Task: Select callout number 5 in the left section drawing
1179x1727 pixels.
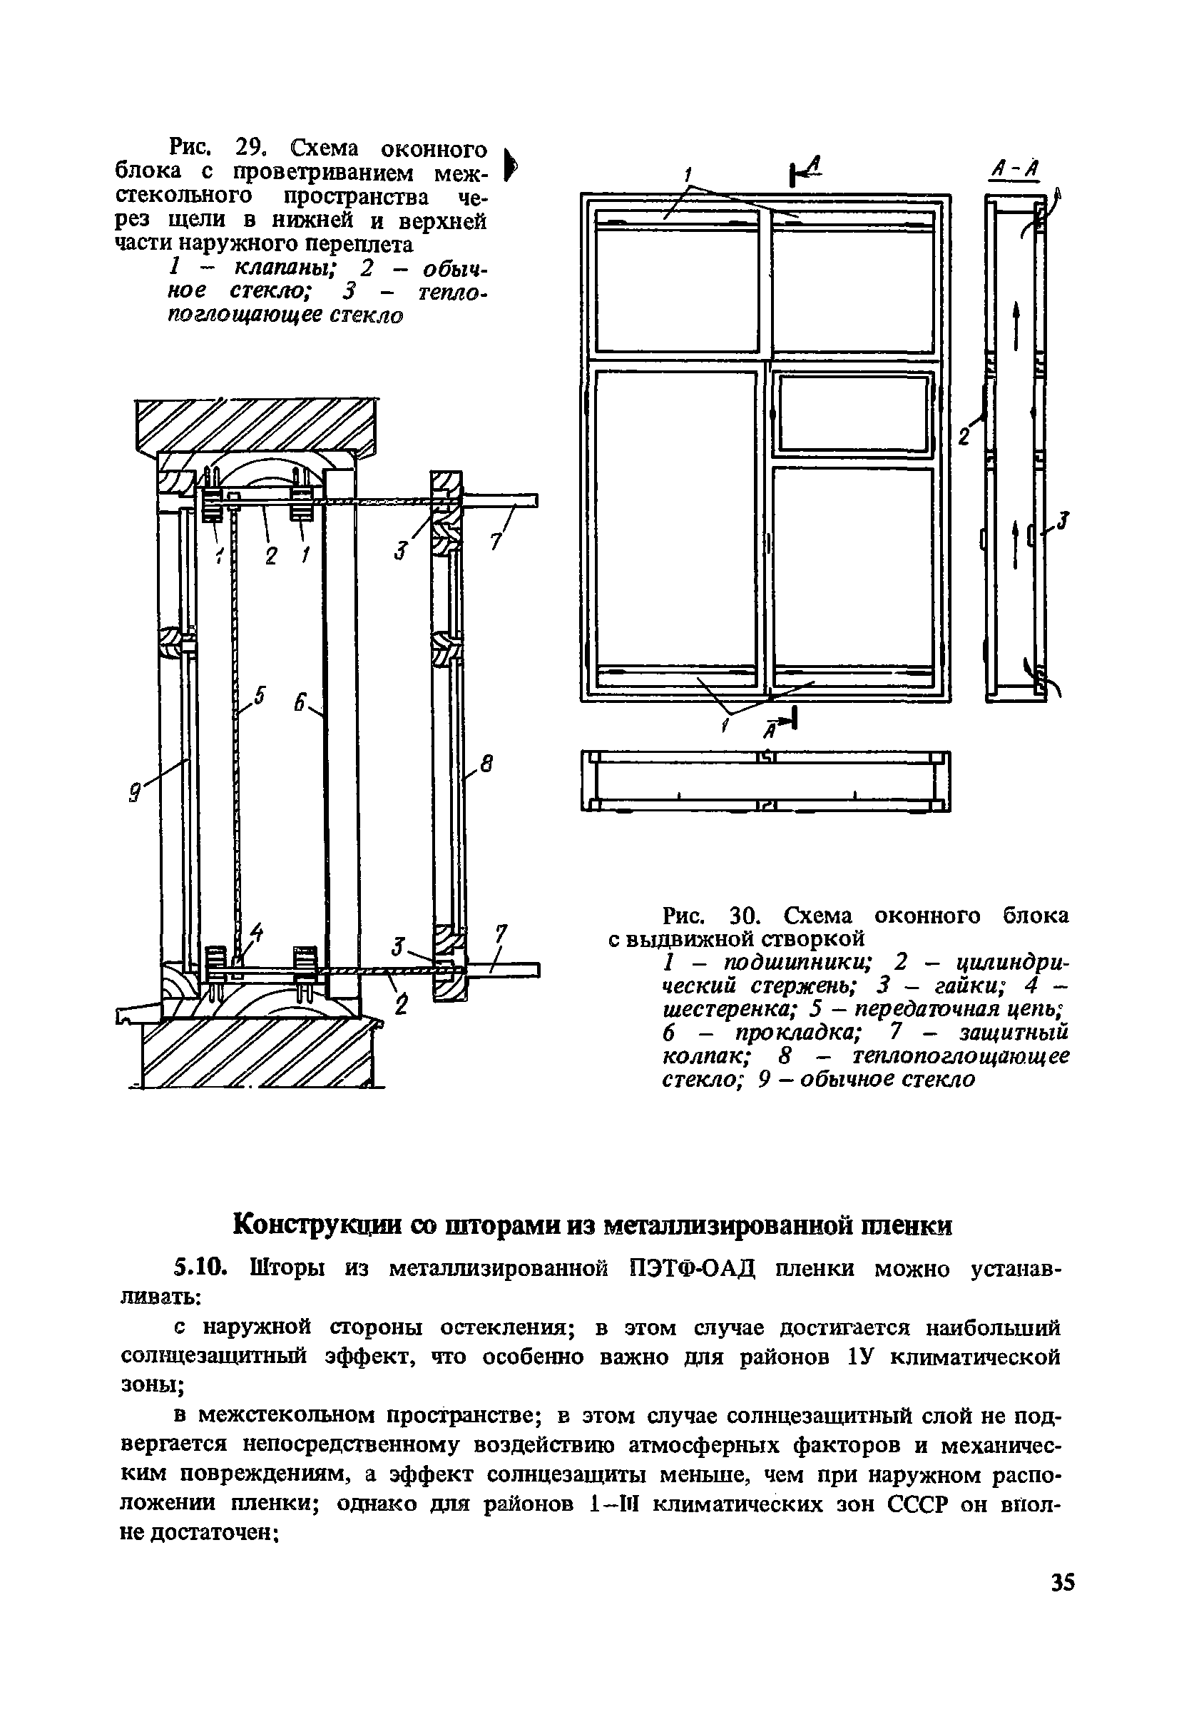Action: click(x=258, y=696)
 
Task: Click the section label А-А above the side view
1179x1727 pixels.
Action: click(x=1015, y=172)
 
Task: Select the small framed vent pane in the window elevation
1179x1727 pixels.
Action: click(x=852, y=413)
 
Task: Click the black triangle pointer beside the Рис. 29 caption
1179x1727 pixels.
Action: click(x=511, y=164)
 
